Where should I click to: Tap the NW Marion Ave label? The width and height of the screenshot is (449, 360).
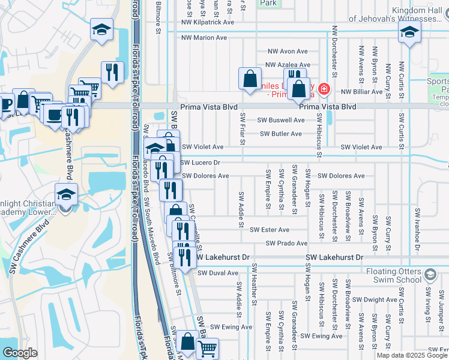(204, 37)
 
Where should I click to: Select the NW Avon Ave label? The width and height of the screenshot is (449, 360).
(288, 52)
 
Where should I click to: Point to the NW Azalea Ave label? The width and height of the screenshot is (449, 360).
(288, 65)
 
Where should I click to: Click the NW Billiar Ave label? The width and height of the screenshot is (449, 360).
(361, 92)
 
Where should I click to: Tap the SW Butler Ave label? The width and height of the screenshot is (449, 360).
(282, 134)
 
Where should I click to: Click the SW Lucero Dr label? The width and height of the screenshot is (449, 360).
(201, 163)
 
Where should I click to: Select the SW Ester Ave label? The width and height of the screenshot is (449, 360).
(270, 230)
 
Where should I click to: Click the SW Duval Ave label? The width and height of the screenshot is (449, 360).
(218, 272)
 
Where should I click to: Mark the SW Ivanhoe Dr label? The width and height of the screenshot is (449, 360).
(417, 229)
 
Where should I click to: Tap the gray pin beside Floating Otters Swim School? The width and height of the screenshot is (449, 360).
(430, 275)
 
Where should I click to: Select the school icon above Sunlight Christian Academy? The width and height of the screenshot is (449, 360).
(66, 194)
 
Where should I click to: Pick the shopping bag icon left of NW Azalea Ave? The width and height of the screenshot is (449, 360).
(250, 79)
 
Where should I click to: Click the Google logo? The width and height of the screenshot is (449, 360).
(20, 353)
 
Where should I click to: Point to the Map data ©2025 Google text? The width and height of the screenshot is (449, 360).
(412, 355)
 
